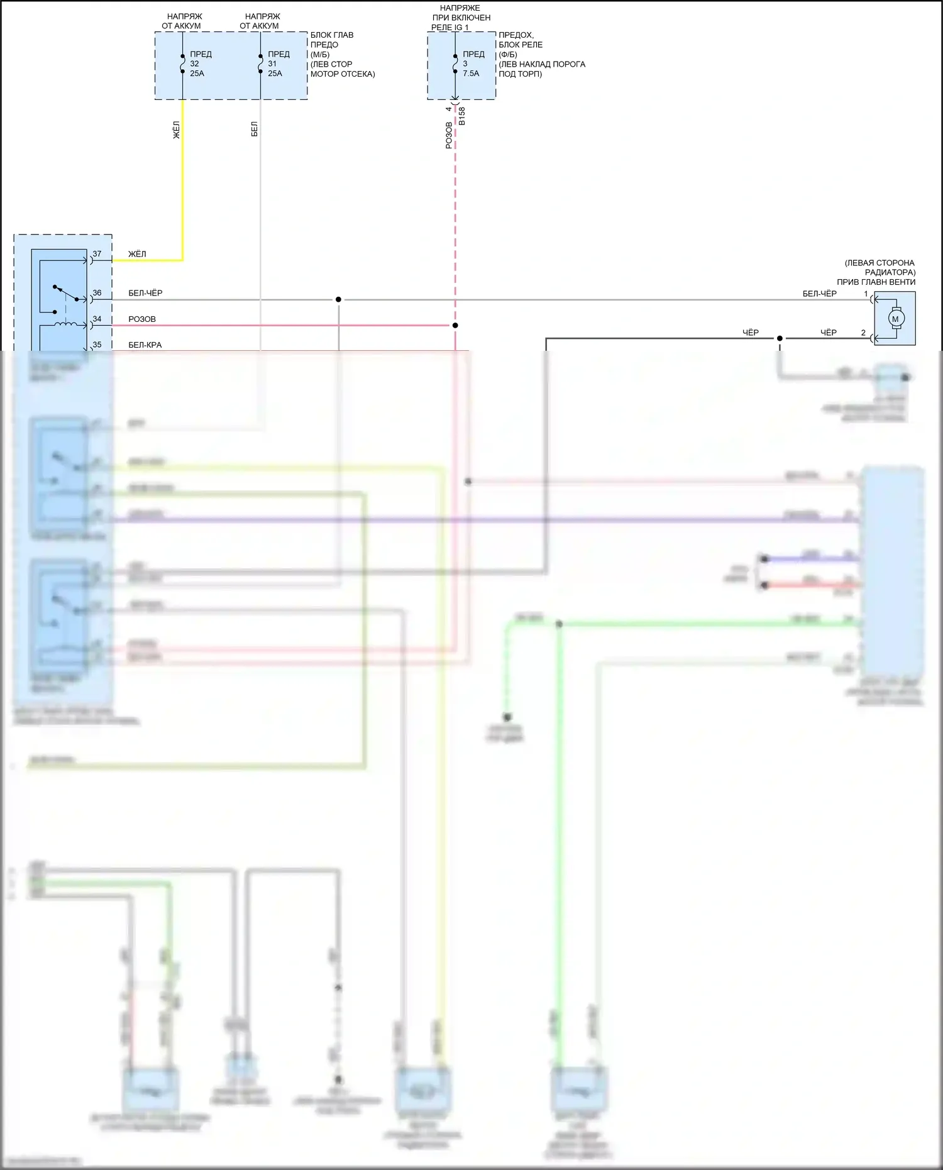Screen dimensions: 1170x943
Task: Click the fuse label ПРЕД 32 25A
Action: coord(200,63)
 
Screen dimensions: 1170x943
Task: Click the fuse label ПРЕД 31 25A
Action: coord(278,63)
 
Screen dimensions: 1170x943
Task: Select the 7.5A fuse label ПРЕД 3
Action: coord(473,63)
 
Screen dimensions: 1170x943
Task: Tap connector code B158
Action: coord(462,116)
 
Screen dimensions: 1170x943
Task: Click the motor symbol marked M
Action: coord(896,319)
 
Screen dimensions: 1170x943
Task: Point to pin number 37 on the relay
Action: coord(97,254)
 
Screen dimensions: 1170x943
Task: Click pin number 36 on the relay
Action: coord(97,293)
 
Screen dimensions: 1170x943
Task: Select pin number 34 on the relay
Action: coord(97,319)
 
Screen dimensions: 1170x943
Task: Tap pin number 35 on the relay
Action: coord(97,345)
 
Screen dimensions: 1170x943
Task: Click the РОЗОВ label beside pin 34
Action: coord(142,319)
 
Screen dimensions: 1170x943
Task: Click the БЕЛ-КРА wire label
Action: coord(145,345)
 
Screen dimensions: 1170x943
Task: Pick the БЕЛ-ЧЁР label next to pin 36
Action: coord(145,294)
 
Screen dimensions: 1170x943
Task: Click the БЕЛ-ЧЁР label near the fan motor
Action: coord(819,294)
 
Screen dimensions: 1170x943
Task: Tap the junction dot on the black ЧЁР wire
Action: coord(780,338)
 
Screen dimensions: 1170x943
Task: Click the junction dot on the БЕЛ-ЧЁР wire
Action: coord(338,299)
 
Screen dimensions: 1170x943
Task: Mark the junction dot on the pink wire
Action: coord(455,325)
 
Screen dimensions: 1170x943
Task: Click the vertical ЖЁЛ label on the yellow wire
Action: coord(177,130)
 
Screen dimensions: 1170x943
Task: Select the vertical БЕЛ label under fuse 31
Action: coord(255,130)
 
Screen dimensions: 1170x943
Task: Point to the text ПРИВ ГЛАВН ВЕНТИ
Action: coord(876,282)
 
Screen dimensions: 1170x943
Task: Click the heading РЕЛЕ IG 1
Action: coord(450,28)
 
